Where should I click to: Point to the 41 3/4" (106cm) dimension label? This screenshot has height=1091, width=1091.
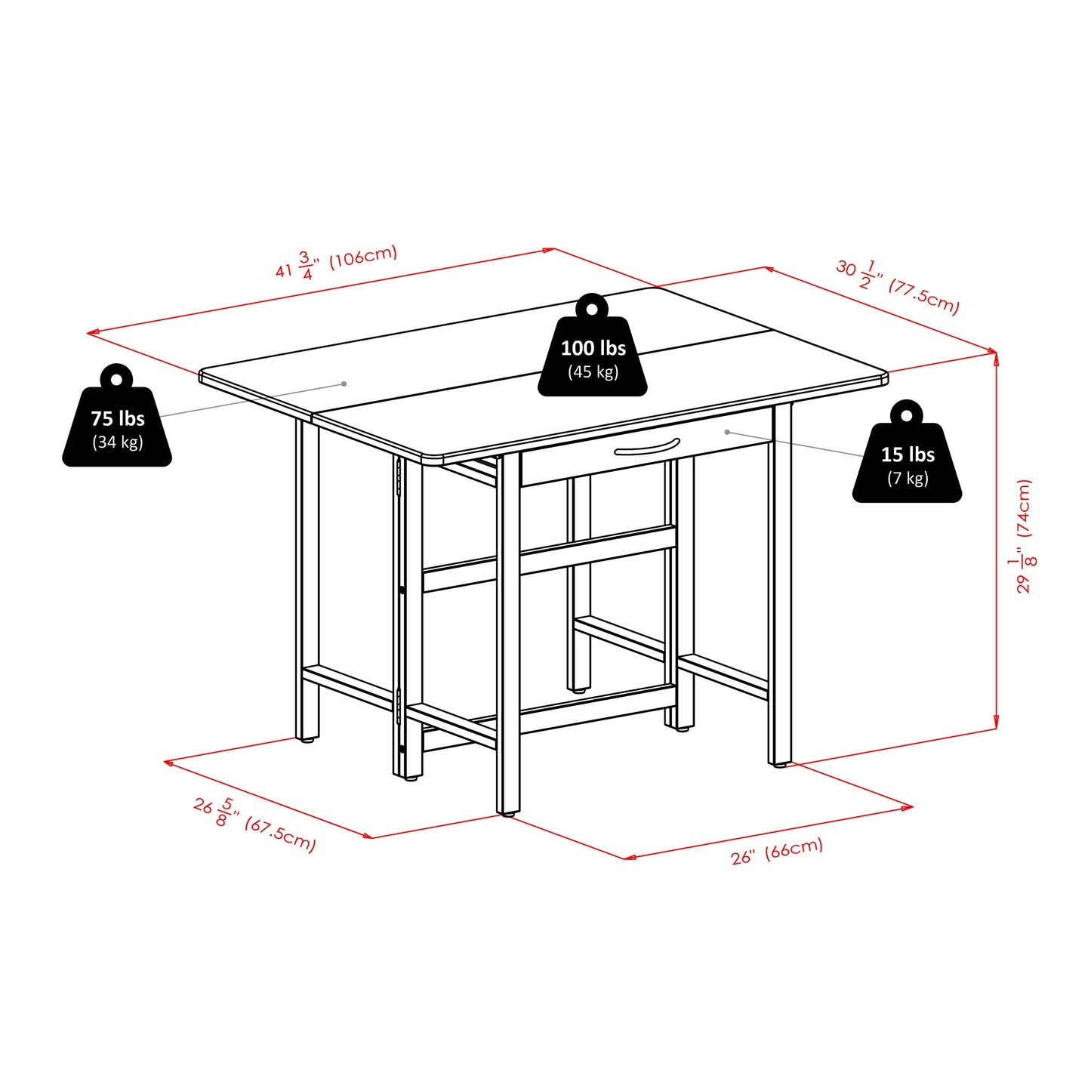tap(336, 261)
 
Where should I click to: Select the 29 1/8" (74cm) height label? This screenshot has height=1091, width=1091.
tap(1022, 536)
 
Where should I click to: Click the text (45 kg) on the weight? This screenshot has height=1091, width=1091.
tap(593, 371)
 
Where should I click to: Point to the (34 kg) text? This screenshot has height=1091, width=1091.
tap(117, 442)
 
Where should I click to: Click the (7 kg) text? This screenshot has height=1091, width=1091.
tap(907, 478)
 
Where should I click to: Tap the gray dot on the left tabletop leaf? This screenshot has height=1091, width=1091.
tap(344, 384)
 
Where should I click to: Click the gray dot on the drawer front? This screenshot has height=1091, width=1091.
tap(726, 432)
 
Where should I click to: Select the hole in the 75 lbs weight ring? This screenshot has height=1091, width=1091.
tap(116, 378)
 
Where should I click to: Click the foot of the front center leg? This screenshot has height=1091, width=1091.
tap(508, 814)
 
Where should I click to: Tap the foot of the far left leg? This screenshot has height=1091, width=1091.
tap(307, 740)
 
